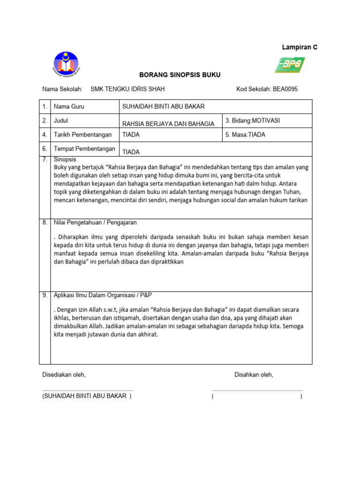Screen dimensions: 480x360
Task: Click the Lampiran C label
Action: coord(299,47)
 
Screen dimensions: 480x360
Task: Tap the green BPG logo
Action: coord(290,65)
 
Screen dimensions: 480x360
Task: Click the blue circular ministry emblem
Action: coord(66,65)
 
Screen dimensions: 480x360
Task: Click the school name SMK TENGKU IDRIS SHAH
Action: coord(127,89)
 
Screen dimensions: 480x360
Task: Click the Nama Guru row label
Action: coord(69,107)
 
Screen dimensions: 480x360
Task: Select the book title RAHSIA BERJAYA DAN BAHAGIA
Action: coord(168,124)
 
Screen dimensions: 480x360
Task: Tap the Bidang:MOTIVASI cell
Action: coord(253,120)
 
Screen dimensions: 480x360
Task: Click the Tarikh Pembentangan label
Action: coord(83,135)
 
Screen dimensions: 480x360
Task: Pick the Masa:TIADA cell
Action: coord(245,135)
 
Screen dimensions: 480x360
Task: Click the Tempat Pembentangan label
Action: coord(84,149)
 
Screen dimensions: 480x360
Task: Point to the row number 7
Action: coord(45,159)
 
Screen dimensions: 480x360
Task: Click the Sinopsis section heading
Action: coord(65,159)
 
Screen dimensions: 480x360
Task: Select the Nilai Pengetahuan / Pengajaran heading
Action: coord(95,222)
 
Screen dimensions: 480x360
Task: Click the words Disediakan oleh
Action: coord(64,375)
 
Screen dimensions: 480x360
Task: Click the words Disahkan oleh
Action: coord(254,375)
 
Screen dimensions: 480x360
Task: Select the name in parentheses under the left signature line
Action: coord(87,396)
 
